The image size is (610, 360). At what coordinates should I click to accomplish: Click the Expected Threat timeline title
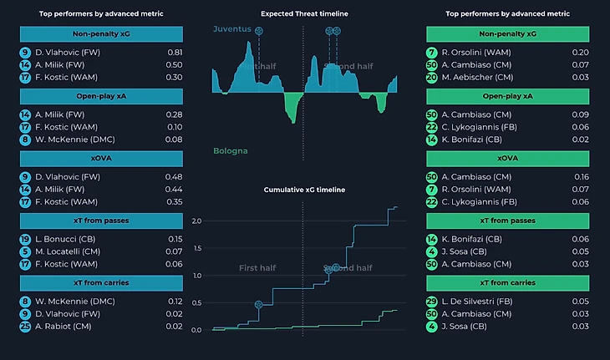click(x=304, y=14)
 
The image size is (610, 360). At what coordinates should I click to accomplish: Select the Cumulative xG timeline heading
click(x=304, y=190)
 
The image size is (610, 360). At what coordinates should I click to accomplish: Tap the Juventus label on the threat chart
click(x=232, y=28)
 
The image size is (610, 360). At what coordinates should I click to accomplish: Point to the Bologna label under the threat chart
click(x=231, y=151)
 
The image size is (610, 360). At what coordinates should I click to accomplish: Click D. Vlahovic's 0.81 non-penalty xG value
click(x=175, y=53)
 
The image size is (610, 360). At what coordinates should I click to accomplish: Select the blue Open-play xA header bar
click(x=101, y=96)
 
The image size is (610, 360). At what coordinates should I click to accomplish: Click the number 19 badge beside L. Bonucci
click(x=25, y=239)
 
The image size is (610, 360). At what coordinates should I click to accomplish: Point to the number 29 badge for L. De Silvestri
click(x=432, y=302)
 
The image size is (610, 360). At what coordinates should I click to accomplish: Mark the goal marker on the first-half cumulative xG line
click(x=258, y=305)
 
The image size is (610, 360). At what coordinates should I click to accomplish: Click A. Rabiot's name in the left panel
click(x=58, y=326)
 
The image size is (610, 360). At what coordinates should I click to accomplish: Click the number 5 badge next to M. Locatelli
click(x=25, y=251)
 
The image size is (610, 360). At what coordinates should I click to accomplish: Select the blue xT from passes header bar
click(x=101, y=221)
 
